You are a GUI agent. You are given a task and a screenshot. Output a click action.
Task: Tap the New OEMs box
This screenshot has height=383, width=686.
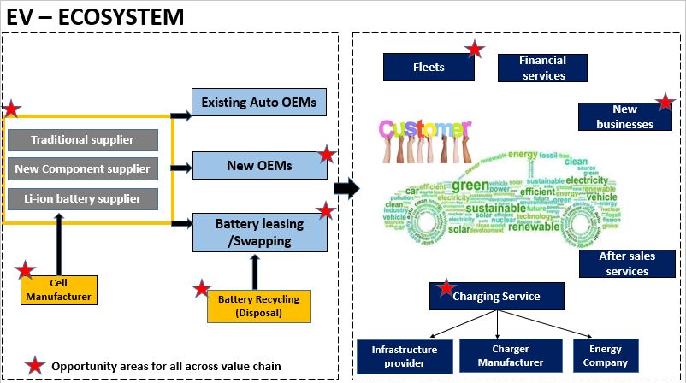(259, 165)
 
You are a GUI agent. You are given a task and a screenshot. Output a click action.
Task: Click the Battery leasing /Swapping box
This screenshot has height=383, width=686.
(259, 232)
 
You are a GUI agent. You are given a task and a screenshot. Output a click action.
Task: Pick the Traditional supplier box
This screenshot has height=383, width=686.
(83, 139)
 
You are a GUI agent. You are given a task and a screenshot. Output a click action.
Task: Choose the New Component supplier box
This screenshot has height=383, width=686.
(83, 169)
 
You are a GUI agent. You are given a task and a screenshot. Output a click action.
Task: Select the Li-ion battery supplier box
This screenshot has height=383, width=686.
(83, 199)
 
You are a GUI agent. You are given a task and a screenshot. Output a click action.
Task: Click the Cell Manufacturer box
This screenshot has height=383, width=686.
(58, 290)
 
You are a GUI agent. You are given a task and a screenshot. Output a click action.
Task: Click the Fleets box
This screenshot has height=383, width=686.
(429, 68)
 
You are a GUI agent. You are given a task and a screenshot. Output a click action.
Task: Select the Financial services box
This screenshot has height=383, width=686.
(543, 68)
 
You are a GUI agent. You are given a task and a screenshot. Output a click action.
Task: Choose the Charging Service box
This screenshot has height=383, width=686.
(497, 297)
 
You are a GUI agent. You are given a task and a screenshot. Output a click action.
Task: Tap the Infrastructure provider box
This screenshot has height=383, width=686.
(405, 356)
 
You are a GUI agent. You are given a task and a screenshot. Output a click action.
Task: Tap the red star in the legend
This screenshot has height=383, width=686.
(35, 366)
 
